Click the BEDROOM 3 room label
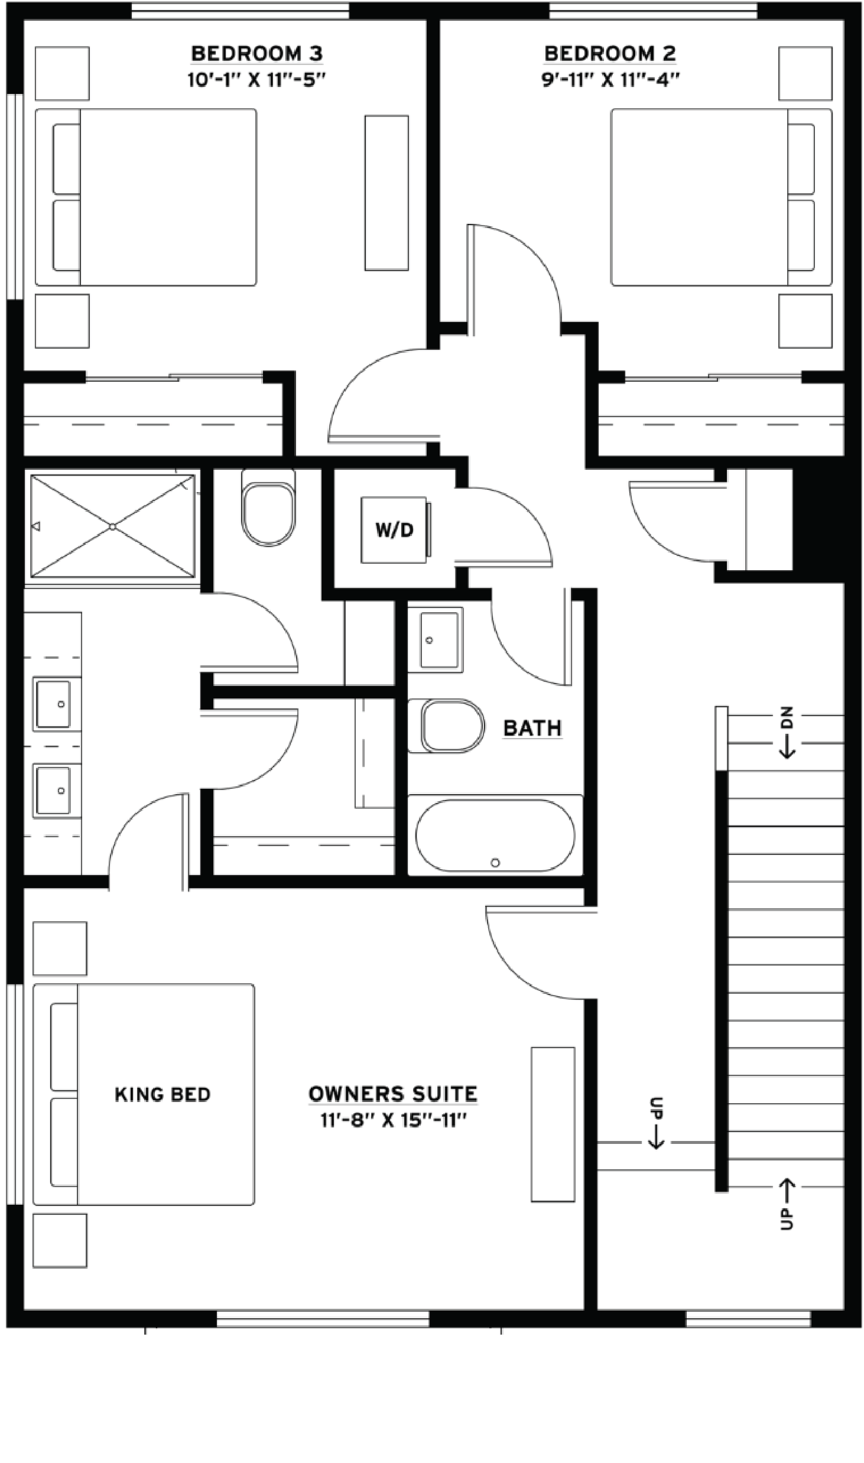(257, 54)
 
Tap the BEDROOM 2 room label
(610, 54)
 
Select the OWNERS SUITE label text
(393, 1094)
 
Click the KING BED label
(163, 1094)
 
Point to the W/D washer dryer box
(395, 529)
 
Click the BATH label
(532, 728)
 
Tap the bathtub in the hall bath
(495, 835)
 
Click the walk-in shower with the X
(113, 526)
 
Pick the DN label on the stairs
(787, 718)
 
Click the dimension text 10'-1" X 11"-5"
(257, 80)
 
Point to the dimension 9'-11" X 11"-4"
(610, 80)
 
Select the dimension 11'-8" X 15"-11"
(393, 1121)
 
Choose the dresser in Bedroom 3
(386, 193)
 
